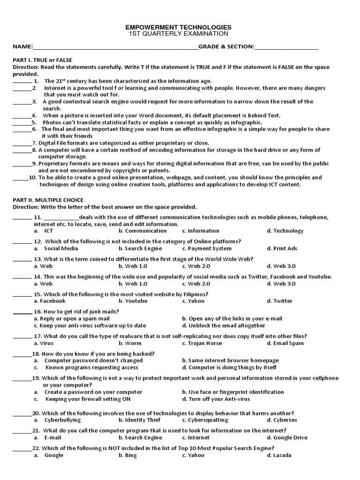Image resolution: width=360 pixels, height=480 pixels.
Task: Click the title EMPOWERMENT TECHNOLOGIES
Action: tap(180, 27)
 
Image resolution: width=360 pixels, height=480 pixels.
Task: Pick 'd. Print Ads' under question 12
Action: tap(282, 248)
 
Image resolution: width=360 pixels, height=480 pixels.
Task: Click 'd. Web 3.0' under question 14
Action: tap(281, 284)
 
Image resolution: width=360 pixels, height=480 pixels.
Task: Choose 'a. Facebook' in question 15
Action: tap(49, 301)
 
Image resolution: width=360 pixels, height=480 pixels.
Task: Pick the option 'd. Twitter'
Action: tap(279, 301)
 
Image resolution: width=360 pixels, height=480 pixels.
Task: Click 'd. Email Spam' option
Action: tap(285, 343)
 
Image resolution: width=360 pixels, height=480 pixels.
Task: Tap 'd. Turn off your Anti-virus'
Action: tap(216, 399)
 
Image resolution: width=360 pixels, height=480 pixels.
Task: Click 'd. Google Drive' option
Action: tap(287, 437)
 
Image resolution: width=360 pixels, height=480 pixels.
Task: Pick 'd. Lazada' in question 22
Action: tap(279, 455)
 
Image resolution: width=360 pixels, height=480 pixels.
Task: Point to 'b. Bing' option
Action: tap(127, 455)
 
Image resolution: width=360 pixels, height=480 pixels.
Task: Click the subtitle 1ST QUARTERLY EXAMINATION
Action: tap(180, 34)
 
